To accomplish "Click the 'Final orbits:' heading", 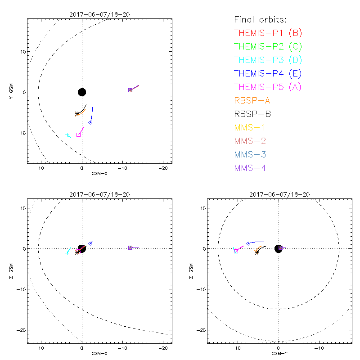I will [261, 20].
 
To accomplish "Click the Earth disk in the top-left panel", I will [81, 92].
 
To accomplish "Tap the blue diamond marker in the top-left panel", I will [90, 122].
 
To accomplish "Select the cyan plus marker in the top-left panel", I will [67, 135].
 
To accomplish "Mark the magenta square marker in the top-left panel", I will [78, 135].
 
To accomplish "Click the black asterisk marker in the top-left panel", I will [77, 114].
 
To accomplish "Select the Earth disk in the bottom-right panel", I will [279, 249].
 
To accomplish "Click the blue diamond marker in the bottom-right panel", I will [248, 243].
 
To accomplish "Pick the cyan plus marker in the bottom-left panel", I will [67, 253].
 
